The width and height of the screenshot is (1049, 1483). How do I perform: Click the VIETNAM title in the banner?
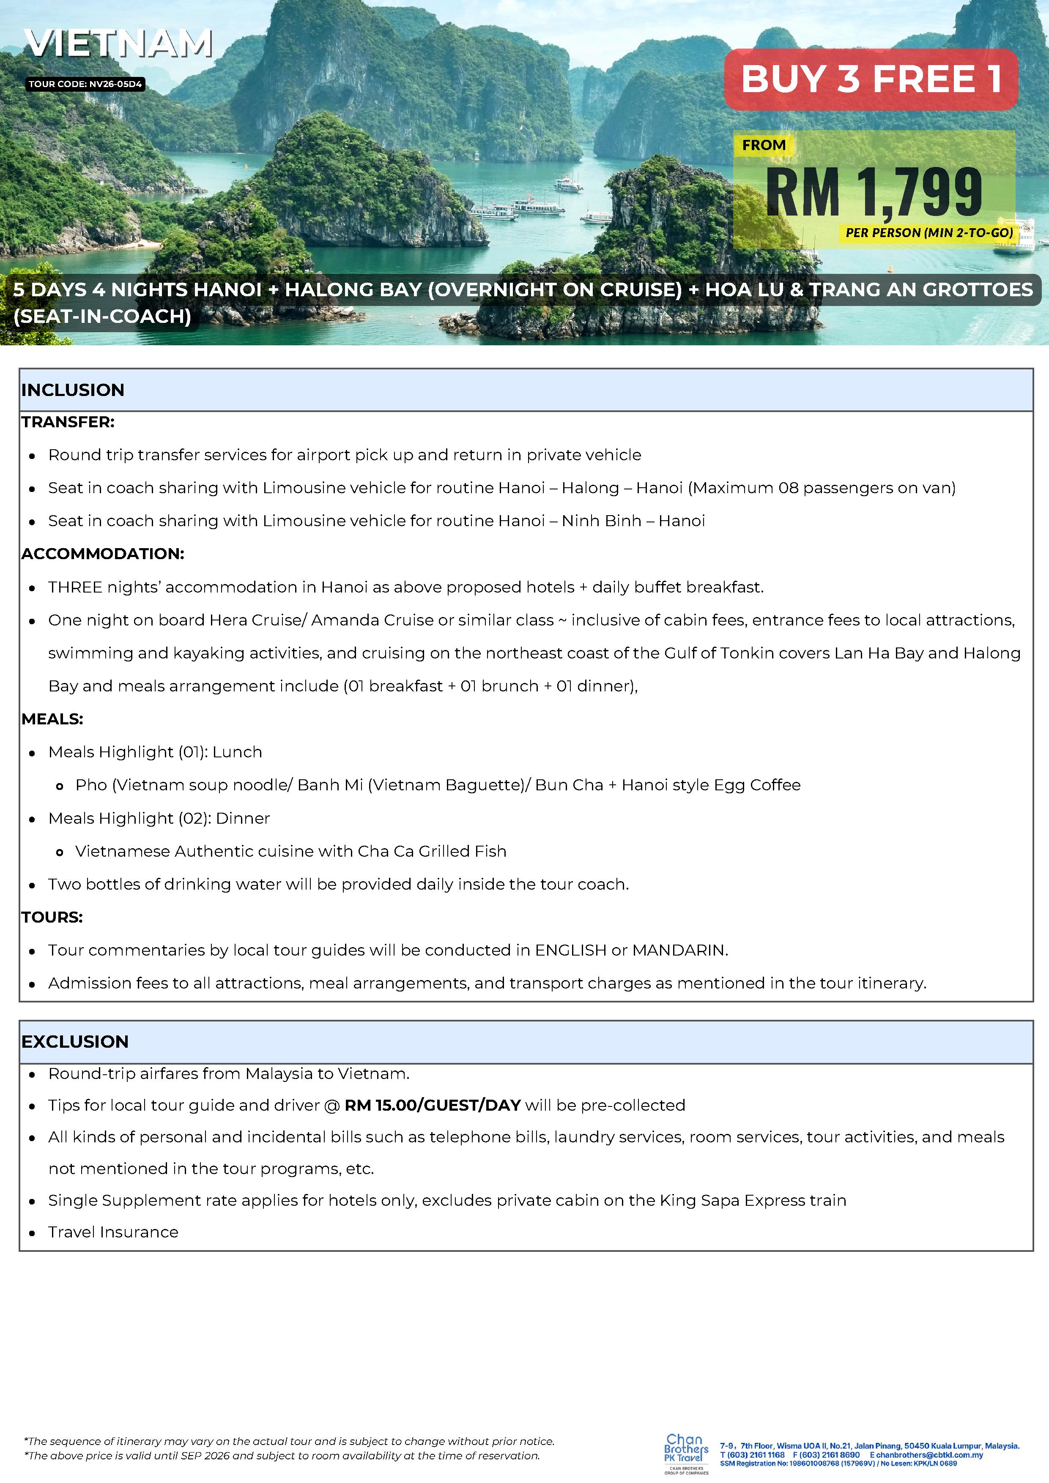coord(119,44)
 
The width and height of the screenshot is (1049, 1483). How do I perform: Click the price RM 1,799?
coord(874,192)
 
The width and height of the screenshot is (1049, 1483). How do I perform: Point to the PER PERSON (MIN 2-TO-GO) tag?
coord(929,232)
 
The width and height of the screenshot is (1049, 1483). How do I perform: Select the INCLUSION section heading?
coord(73,390)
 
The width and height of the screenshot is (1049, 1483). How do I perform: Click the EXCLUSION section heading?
coord(75,1042)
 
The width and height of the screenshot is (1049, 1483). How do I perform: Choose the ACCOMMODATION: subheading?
coord(103,554)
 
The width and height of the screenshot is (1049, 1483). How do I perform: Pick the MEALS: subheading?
coord(52,719)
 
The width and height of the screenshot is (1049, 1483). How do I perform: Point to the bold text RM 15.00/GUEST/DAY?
coord(433,1105)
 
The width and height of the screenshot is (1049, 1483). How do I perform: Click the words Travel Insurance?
coord(113,1232)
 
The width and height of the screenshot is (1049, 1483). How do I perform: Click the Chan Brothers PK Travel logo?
coord(686,1453)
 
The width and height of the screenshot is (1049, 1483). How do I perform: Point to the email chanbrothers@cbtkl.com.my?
coord(929,1455)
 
